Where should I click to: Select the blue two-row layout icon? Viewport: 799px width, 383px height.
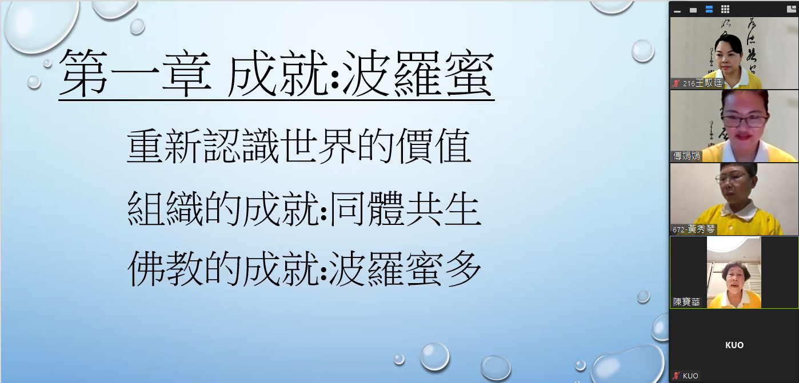click(709, 9)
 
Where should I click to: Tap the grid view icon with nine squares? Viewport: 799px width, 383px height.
click(725, 9)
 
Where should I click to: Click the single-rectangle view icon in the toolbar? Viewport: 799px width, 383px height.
click(693, 10)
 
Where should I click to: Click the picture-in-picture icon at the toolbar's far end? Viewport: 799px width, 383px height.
click(791, 9)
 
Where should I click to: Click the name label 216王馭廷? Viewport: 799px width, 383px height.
click(702, 83)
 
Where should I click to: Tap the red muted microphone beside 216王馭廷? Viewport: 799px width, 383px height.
click(676, 83)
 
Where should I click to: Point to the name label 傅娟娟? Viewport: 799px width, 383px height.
click(686, 156)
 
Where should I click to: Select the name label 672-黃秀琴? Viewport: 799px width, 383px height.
click(694, 229)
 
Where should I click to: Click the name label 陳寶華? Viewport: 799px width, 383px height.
click(686, 302)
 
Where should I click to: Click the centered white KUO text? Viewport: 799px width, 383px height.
click(734, 345)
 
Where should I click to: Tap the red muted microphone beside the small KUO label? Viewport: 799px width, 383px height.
click(676, 376)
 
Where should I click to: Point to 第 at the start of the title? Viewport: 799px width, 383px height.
click(83, 74)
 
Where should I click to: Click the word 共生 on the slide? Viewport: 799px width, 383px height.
click(443, 209)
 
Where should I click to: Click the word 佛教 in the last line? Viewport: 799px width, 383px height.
click(165, 269)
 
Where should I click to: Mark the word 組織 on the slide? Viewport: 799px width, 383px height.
click(165, 209)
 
